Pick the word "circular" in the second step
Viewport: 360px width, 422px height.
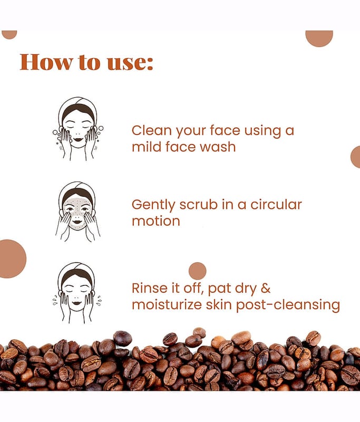coord(276,205)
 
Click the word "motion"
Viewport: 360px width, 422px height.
coord(156,221)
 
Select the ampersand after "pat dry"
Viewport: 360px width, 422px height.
coord(266,288)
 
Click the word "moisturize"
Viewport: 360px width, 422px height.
coord(167,305)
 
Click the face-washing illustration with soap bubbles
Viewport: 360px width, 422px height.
coord(78,129)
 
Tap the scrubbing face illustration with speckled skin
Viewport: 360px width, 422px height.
coord(78,212)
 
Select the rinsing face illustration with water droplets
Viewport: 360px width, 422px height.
coord(77,293)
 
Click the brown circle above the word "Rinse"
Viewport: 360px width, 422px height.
coord(197,271)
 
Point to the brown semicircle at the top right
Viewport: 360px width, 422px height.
coord(319,37)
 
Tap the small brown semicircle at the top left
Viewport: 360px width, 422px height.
coord(9,34)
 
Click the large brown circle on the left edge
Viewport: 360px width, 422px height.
coord(12,258)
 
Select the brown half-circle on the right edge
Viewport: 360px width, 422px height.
coord(355,157)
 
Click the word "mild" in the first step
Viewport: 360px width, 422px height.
coord(147,147)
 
